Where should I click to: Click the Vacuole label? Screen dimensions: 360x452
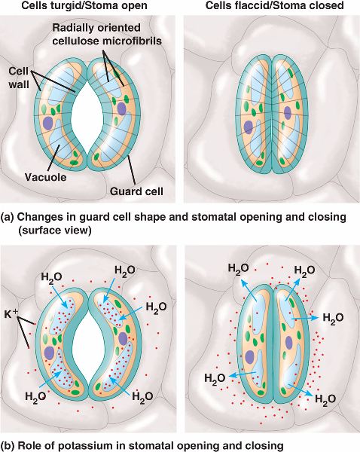tap(45, 177)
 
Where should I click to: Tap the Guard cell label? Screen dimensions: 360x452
tap(136, 191)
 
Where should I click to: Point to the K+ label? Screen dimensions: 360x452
tap(11, 314)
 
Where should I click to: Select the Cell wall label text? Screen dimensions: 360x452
tap(19, 78)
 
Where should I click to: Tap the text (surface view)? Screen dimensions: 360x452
tap(55, 231)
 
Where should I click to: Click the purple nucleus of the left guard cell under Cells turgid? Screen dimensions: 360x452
tap(48, 124)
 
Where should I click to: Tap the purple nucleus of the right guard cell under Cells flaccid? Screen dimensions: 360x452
tap(288, 113)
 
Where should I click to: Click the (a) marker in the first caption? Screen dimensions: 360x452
tap(7, 218)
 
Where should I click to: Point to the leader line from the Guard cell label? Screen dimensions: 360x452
tap(131, 171)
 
